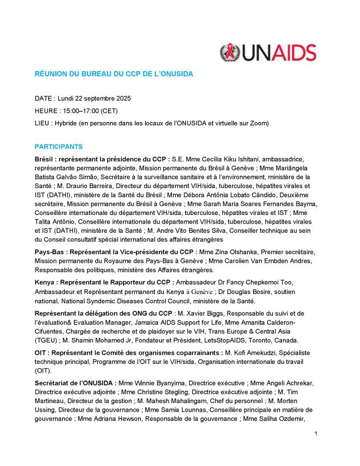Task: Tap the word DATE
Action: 44,99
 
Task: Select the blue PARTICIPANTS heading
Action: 59,147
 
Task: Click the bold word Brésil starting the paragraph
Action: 45,159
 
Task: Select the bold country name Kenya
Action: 46,283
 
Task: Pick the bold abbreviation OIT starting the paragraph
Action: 41,353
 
